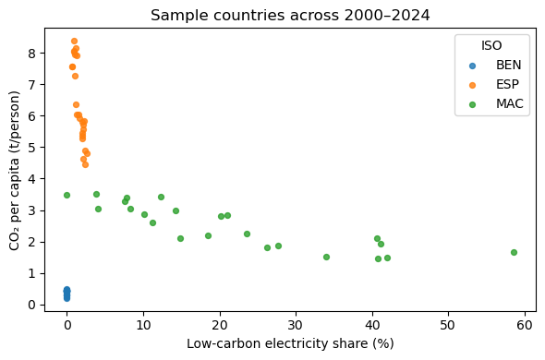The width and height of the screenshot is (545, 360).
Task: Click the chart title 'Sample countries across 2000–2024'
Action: tap(290, 15)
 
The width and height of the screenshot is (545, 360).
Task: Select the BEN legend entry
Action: tap(507, 65)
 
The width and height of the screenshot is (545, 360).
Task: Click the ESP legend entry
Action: tap(507, 84)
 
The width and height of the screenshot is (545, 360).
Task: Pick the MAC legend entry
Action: tap(509, 103)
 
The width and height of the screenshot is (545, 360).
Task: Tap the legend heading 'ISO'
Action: tap(491, 45)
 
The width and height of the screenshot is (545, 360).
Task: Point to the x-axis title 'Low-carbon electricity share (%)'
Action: tap(290, 343)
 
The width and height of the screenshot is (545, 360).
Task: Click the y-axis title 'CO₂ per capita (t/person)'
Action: tap(15, 170)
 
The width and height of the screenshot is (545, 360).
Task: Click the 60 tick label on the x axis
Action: tap(525, 325)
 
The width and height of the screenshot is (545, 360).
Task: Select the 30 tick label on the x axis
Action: tap(296, 325)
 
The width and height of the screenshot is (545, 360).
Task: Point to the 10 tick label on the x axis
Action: tap(143, 325)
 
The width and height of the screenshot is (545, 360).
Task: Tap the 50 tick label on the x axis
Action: tap(448, 325)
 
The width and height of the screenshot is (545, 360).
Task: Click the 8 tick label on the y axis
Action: tap(32, 53)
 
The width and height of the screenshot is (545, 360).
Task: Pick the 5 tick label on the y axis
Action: tap(32, 147)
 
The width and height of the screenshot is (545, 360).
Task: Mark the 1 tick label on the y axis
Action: tap(32, 273)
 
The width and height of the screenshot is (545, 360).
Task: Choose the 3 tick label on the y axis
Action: tap(32, 210)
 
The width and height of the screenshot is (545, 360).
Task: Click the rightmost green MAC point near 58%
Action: tap(514, 252)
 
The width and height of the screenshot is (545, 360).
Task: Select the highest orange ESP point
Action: tap(74, 41)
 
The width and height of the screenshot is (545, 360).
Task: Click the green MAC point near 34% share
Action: tap(326, 257)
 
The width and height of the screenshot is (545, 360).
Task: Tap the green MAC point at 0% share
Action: tap(67, 195)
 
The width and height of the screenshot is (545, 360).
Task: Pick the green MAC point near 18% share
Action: tap(208, 235)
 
